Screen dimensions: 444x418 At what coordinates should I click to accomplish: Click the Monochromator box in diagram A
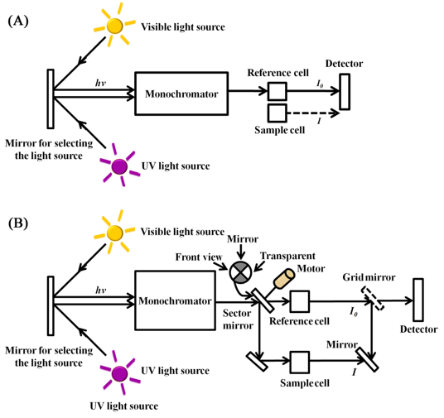point(181,94)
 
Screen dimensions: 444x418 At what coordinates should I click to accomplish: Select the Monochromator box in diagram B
point(176,300)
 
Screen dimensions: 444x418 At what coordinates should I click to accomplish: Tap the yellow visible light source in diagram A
point(114,26)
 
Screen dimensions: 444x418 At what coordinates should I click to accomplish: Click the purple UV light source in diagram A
point(119,166)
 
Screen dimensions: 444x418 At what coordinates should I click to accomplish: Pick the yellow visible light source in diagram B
point(114,233)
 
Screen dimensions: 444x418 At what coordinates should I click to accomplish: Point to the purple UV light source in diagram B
point(119,373)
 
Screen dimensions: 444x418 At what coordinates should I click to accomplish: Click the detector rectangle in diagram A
point(345,92)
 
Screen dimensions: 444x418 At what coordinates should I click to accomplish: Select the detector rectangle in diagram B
point(418,300)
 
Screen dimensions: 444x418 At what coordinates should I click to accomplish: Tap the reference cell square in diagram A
point(277,91)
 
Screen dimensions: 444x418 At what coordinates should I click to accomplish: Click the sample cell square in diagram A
point(277,113)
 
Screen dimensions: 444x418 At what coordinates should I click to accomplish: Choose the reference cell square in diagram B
point(300,301)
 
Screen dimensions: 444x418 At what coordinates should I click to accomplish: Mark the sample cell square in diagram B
point(300,363)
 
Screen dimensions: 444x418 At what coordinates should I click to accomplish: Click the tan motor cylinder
point(284,278)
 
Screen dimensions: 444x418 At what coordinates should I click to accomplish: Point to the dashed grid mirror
point(373,298)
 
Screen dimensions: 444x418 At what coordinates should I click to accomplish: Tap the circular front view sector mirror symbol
point(240,272)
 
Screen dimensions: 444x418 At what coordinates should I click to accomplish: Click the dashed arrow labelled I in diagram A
point(313,113)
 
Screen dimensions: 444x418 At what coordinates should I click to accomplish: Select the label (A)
point(18,22)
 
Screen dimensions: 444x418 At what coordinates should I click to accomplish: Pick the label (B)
point(18,223)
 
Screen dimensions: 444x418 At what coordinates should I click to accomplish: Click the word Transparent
point(287,256)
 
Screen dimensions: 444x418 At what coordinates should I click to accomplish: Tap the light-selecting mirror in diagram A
point(51,98)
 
